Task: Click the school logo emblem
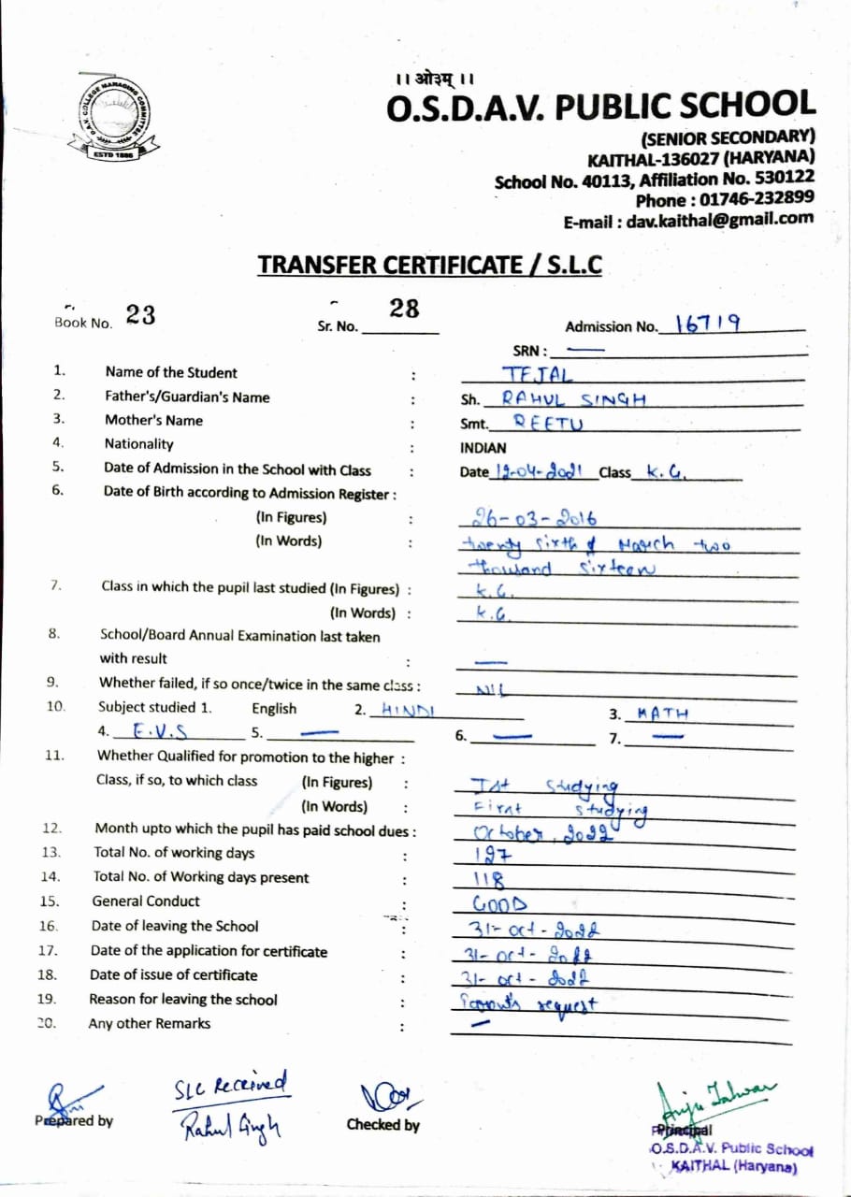[x=113, y=115]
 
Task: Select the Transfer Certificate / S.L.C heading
[x=429, y=266]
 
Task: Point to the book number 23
[x=140, y=315]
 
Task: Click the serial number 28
[x=404, y=310]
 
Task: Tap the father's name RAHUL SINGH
[x=574, y=397]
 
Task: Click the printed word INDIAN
[x=483, y=448]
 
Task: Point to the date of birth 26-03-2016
[x=529, y=517]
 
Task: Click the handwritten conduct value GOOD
[x=499, y=904]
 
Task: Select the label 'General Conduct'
[x=146, y=901]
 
